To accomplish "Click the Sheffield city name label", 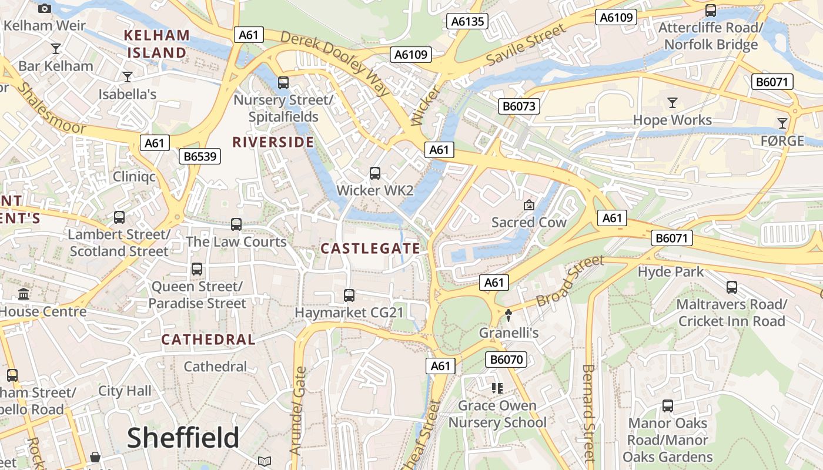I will click(x=183, y=438).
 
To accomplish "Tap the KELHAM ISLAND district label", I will click(x=156, y=44).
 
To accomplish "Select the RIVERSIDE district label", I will click(x=273, y=142).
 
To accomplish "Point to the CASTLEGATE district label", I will click(x=370, y=249).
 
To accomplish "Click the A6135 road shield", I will click(x=467, y=22).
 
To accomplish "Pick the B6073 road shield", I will click(x=519, y=106).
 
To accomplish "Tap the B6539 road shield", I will click(x=200, y=156).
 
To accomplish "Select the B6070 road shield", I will click(x=506, y=360).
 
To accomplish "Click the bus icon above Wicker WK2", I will click(x=375, y=173).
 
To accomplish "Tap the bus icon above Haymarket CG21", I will click(x=349, y=296).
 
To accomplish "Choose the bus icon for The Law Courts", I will click(x=236, y=224).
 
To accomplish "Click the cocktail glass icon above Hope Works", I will click(x=673, y=103).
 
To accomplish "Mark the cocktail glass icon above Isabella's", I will click(x=127, y=76).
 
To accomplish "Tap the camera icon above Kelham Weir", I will click(x=44, y=8).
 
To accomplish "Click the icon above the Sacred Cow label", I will click(x=529, y=205).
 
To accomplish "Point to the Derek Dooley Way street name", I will click(x=335, y=63).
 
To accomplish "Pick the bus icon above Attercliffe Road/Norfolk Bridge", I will click(x=711, y=10).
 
